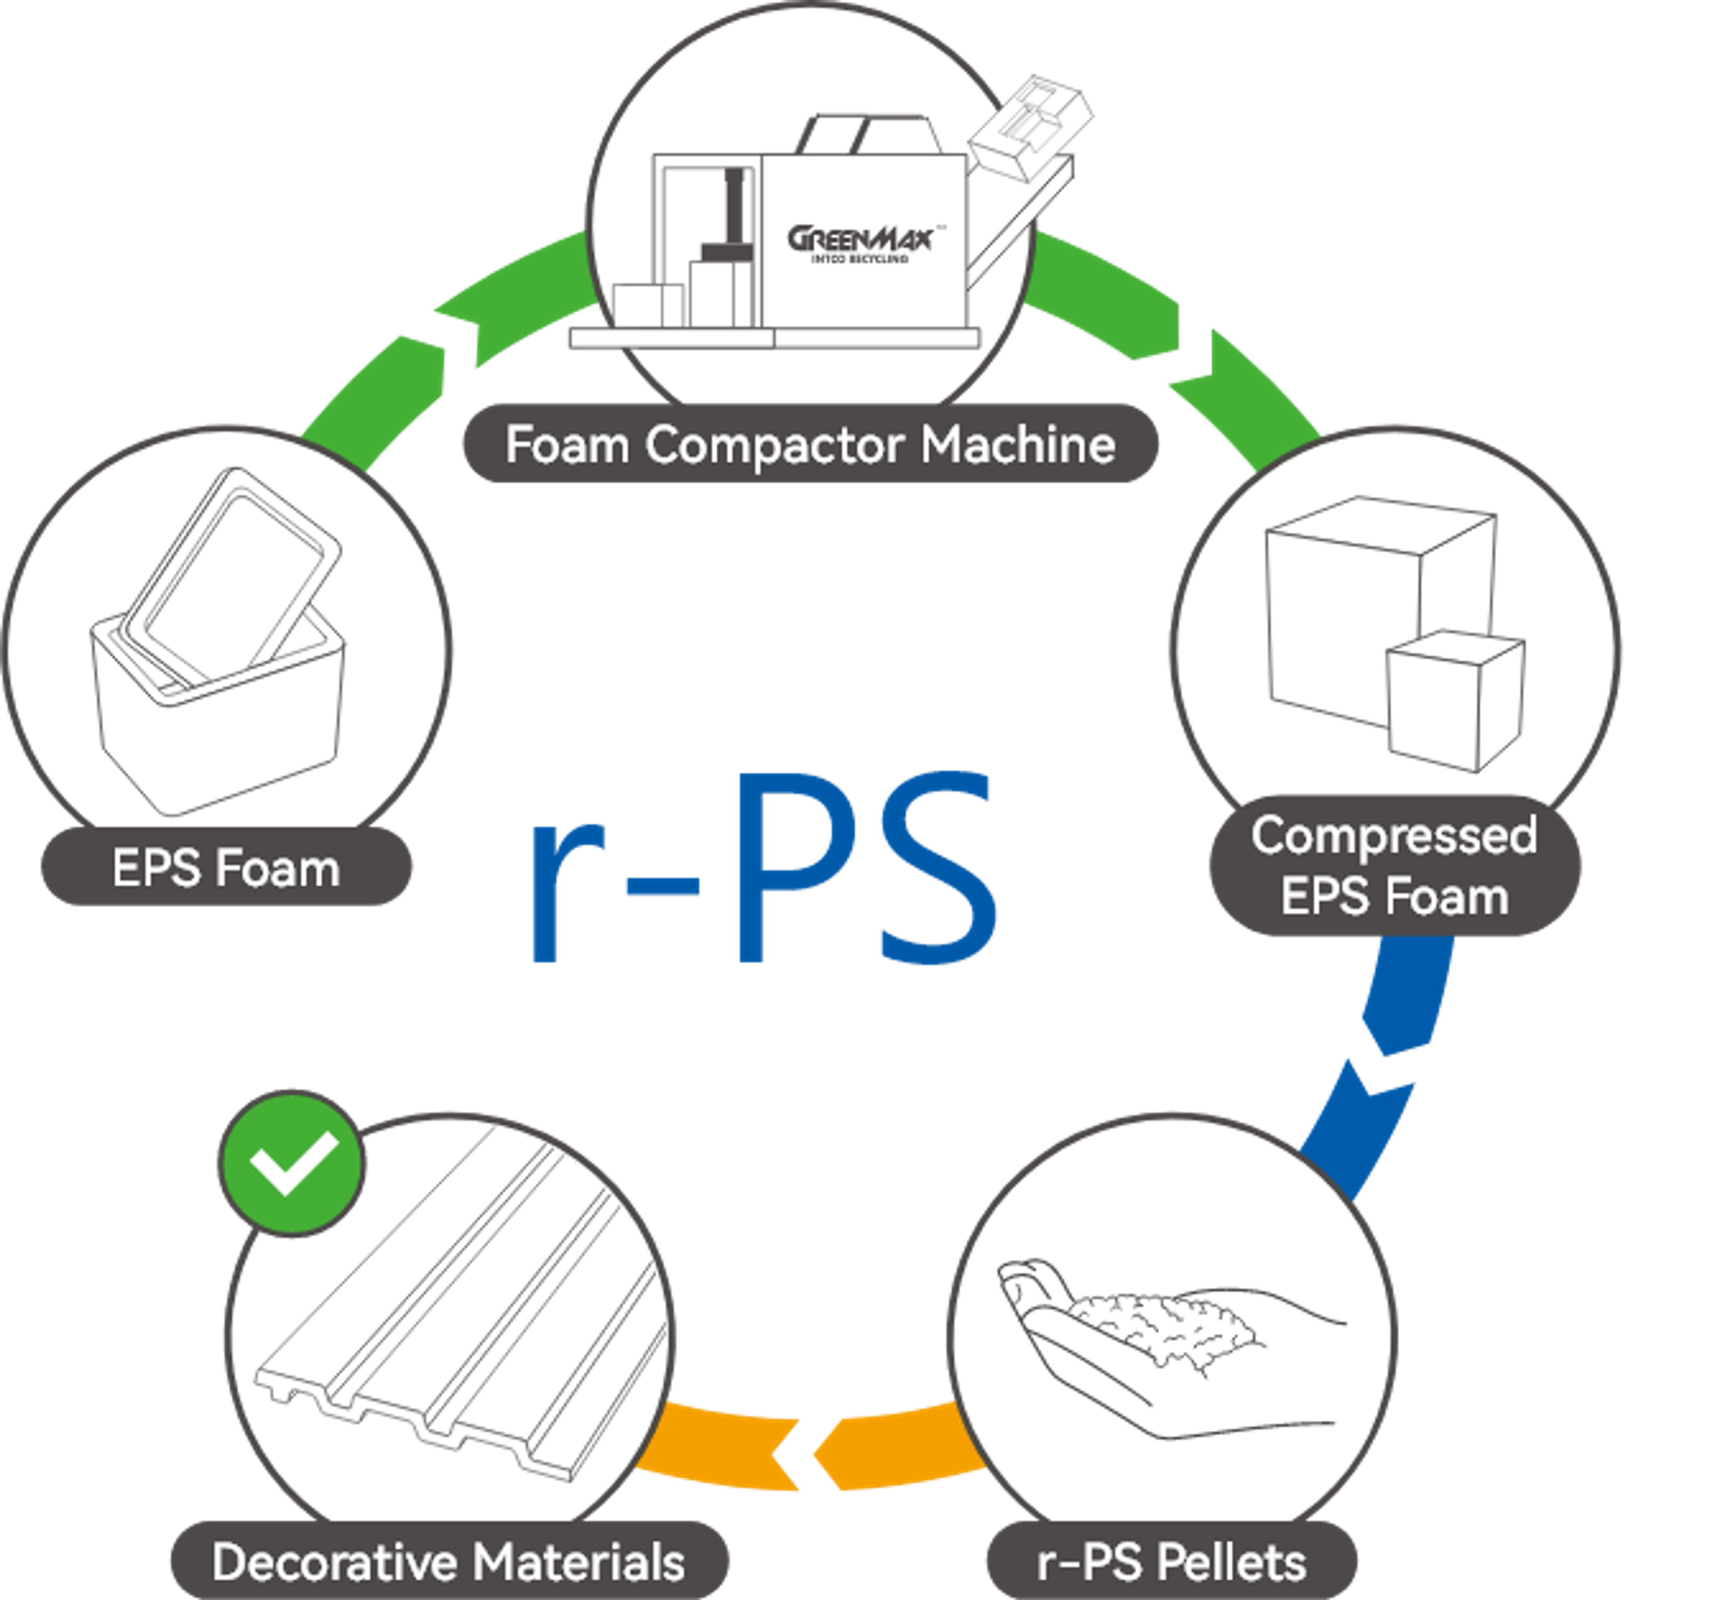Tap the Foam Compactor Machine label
click(x=810, y=444)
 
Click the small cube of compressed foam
click(x=1455, y=701)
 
